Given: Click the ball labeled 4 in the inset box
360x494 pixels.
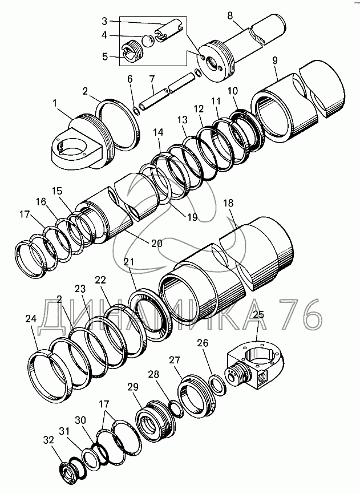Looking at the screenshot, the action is pyautogui.click(x=147, y=41).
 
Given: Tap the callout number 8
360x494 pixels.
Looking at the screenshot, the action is pyautogui.click(x=230, y=16).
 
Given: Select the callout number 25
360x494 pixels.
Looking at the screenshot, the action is pyautogui.click(x=258, y=314).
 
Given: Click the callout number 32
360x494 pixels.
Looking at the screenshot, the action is pyautogui.click(x=49, y=440).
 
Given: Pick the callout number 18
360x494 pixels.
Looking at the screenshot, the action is pyautogui.click(x=228, y=203).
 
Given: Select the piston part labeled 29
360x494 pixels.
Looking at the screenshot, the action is pyautogui.click(x=155, y=419).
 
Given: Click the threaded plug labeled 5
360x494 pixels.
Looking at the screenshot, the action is pyautogui.click(x=132, y=52).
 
